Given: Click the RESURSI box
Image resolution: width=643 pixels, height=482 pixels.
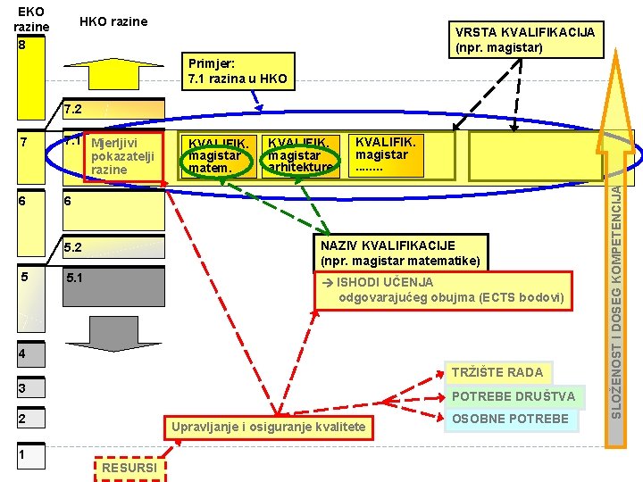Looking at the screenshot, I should [x=129, y=468].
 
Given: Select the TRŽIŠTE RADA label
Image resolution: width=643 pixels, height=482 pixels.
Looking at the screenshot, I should [x=497, y=372].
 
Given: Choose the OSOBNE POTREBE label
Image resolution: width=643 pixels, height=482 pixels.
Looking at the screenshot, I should [x=510, y=419].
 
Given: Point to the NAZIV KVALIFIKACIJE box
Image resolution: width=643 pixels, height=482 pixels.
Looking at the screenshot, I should [x=400, y=253].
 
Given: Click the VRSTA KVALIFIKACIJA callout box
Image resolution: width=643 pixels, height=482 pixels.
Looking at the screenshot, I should [x=524, y=39].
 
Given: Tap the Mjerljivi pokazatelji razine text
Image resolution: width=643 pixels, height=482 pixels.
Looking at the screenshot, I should [x=122, y=155].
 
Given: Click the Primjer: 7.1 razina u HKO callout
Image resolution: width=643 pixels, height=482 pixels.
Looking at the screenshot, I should [x=238, y=71].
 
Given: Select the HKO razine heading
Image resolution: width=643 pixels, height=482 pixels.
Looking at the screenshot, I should [x=113, y=21].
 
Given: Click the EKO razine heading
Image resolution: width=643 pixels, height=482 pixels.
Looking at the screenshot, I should [x=31, y=19].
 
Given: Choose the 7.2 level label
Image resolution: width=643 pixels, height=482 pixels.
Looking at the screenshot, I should [x=73, y=110].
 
